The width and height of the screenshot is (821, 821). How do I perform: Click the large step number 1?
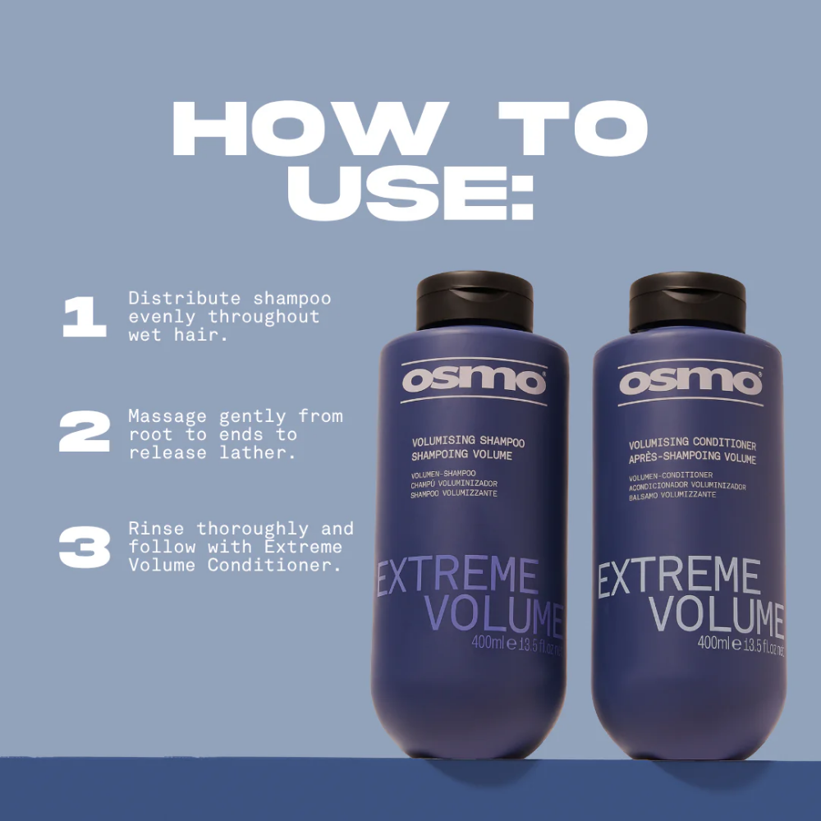coord(85,318)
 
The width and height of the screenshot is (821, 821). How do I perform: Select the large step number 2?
coord(85,432)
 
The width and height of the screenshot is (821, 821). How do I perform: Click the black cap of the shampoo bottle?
coord(474,301)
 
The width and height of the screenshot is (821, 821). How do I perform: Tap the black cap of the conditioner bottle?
coord(687,301)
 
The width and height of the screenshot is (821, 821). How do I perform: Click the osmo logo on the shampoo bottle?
coord(474,382)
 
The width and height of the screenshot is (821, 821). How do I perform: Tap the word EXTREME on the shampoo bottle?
coord(457,577)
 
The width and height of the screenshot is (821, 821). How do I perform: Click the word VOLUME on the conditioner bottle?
coord(718,615)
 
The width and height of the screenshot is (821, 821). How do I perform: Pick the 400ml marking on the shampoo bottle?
coord(488,644)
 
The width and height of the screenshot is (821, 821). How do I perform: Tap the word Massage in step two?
coord(167,416)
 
